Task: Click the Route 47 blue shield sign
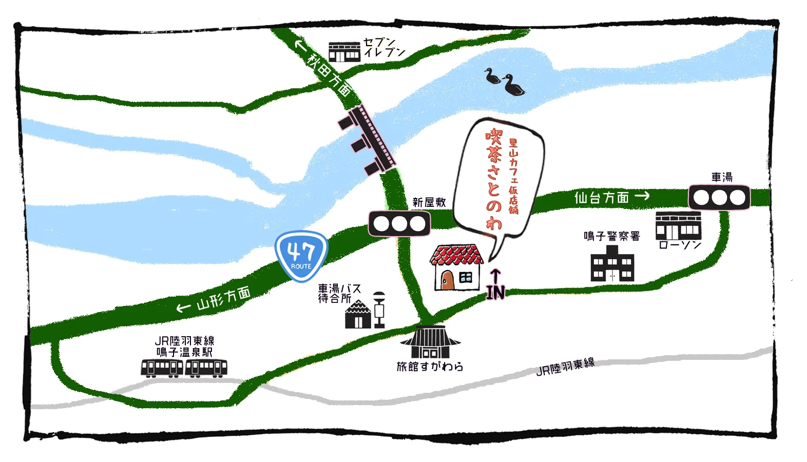point(301,256)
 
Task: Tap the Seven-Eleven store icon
point(344,52)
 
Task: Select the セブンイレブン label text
point(384,47)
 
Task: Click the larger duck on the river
point(514,86)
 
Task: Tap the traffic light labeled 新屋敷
point(399,224)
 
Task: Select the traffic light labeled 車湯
point(719,197)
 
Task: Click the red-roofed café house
point(456,267)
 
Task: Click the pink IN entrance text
point(495,292)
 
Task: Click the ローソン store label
point(680,245)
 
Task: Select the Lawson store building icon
point(678,226)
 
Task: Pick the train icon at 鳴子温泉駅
point(184,368)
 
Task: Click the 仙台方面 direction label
point(602,197)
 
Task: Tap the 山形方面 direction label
point(223,298)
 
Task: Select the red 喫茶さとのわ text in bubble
point(494,178)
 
